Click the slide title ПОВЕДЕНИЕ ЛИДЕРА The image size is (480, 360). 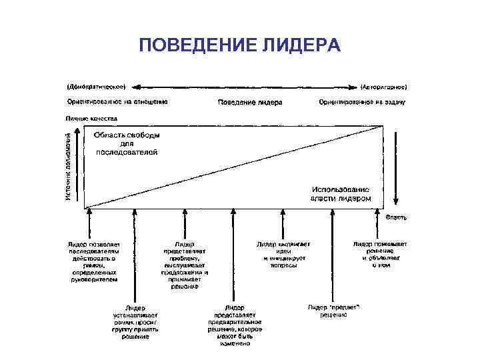240,45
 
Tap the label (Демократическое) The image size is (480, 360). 97,87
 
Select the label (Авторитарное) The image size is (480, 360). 384,87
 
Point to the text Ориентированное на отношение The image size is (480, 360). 117,102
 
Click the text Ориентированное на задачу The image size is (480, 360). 362,103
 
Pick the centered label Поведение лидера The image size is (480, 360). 250,103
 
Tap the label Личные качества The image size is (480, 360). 91,118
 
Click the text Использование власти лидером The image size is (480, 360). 339,194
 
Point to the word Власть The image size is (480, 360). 396,217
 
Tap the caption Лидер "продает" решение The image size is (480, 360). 333,311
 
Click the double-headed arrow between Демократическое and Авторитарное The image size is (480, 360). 245,87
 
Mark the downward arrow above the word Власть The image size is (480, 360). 396,167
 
